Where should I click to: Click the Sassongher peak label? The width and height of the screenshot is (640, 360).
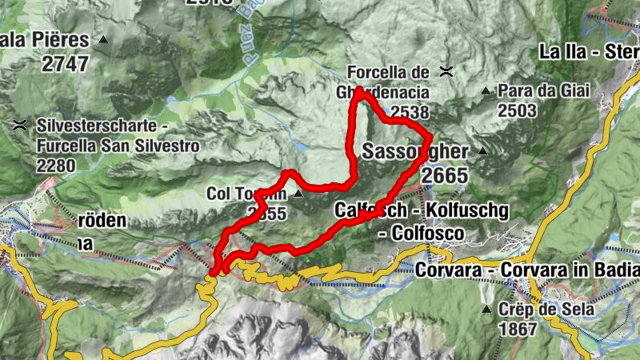pyautogui.click(x=416, y=150)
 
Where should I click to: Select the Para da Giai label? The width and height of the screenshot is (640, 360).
pyautogui.click(x=543, y=90)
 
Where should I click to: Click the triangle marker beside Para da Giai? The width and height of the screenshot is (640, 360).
pyautogui.click(x=486, y=91)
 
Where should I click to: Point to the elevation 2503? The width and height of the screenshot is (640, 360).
pyautogui.click(x=517, y=110)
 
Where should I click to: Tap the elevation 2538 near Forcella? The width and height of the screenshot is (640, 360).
pyautogui.click(x=410, y=113)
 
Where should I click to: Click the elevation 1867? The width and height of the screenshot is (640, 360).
pyautogui.click(x=516, y=328)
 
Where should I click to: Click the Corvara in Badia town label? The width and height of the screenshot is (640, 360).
pyautogui.click(x=528, y=270)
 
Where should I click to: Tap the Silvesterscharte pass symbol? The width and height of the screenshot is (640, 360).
pyautogui.click(x=19, y=126)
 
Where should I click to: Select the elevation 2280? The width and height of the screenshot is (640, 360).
pyautogui.click(x=55, y=166)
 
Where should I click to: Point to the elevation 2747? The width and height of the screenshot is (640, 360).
pyautogui.click(x=65, y=66)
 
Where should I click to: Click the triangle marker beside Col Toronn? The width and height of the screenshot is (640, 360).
pyautogui.click(x=298, y=194)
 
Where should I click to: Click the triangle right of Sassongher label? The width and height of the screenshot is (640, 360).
pyautogui.click(x=482, y=150)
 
